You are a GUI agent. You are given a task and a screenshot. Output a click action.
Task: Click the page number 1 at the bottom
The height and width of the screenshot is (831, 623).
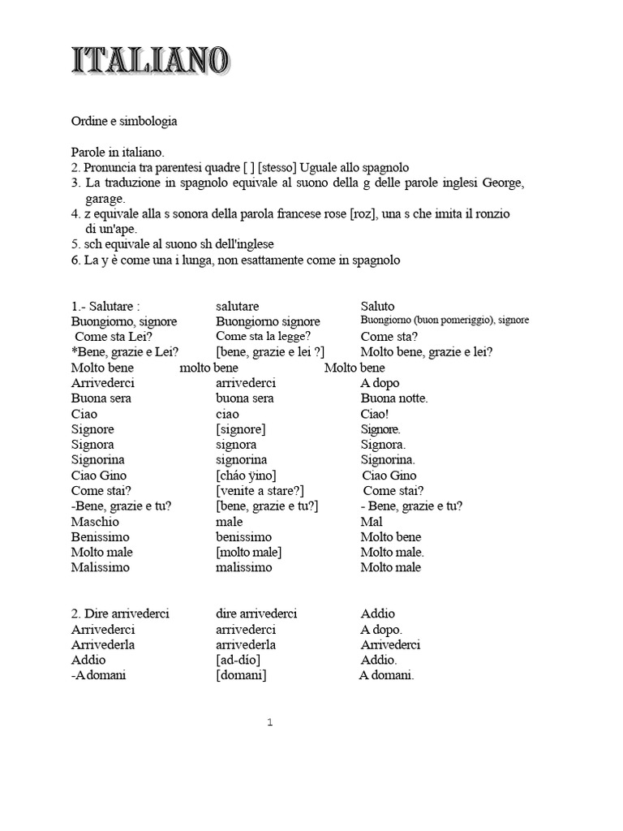click(270, 723)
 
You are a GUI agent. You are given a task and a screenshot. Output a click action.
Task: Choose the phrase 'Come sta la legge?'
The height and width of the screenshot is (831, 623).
click(264, 336)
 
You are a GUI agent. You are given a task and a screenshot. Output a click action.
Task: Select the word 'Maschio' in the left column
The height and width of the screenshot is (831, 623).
click(95, 522)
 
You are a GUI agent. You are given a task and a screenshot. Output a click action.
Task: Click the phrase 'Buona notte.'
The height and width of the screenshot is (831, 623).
click(394, 398)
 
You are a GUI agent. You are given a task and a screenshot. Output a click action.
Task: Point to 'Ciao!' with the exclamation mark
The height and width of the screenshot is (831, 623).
click(376, 414)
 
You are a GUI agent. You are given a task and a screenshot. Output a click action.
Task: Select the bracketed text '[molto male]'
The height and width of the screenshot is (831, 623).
click(249, 553)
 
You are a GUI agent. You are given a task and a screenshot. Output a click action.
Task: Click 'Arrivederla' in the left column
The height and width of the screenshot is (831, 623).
click(103, 644)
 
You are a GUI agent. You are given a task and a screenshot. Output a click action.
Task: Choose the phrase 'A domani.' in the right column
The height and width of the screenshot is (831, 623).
click(387, 675)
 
